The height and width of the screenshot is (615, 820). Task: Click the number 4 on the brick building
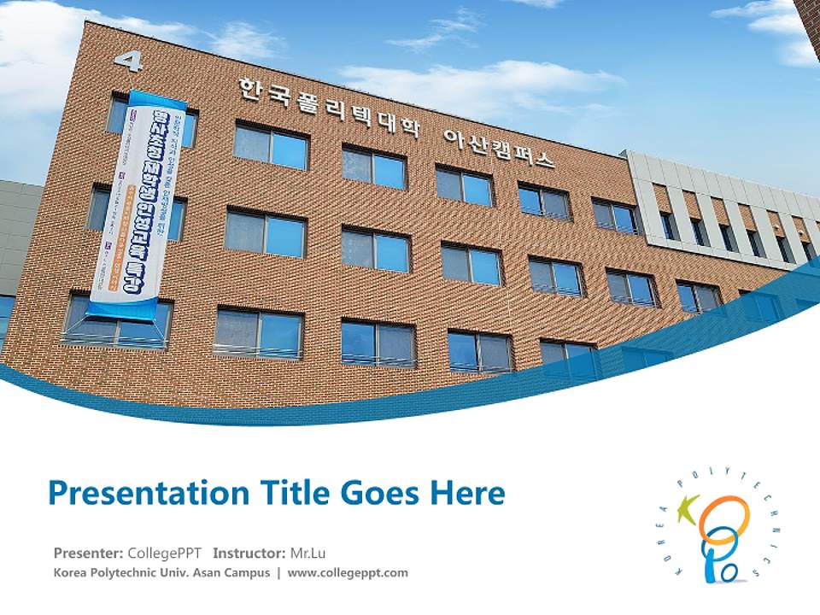[x=127, y=61]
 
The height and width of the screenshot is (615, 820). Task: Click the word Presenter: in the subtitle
[x=88, y=553]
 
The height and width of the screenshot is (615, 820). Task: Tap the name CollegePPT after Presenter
[x=164, y=553]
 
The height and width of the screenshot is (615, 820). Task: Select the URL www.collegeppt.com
[x=348, y=572]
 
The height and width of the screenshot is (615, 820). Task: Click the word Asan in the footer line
[x=210, y=572]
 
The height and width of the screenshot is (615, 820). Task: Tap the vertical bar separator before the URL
[x=278, y=572]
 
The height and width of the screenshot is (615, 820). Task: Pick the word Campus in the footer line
[x=249, y=572]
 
